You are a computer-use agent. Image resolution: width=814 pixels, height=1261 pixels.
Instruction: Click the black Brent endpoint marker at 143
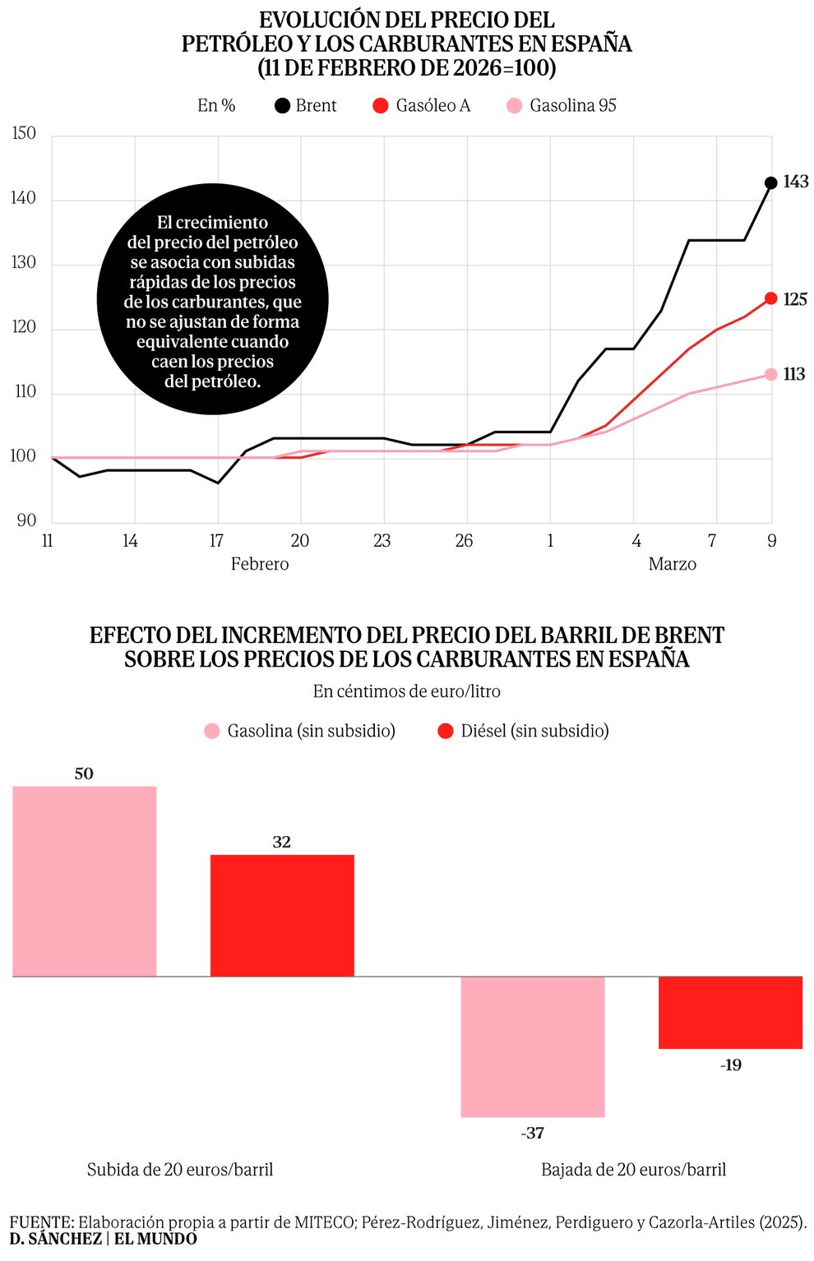pyautogui.click(x=770, y=182)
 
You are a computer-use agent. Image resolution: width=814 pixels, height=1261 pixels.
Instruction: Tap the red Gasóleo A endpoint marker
pyautogui.click(x=770, y=298)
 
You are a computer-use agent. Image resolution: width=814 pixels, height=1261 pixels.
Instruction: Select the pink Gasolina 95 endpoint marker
pyautogui.click(x=770, y=374)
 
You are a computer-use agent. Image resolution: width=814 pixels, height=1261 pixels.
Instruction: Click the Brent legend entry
pyautogui.click(x=306, y=106)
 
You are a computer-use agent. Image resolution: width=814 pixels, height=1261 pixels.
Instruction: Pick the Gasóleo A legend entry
pyautogui.click(x=421, y=106)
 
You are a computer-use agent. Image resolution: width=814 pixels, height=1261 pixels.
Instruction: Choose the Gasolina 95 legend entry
pyautogui.click(x=562, y=106)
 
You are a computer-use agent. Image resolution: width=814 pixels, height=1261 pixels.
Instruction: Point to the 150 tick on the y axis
pyautogui.click(x=25, y=134)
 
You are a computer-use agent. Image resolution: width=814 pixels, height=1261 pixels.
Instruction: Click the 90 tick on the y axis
pyautogui.click(x=26, y=520)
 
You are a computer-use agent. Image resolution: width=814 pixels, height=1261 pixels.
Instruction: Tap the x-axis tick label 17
pyautogui.click(x=216, y=541)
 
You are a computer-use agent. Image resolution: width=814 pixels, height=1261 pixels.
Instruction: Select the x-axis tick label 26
pyautogui.click(x=464, y=541)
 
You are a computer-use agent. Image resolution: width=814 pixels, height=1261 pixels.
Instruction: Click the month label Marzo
pyautogui.click(x=672, y=564)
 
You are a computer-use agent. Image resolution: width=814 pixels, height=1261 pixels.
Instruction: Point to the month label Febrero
pyautogui.click(x=260, y=564)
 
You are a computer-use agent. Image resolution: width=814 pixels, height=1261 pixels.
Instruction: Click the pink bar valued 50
pyautogui.click(x=85, y=881)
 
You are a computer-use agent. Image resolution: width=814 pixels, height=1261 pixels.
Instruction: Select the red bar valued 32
pyautogui.click(x=282, y=915)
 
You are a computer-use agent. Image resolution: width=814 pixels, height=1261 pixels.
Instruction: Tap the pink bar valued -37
pyautogui.click(x=533, y=1046)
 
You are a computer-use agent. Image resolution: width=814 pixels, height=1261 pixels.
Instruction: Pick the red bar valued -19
pyautogui.click(x=730, y=1012)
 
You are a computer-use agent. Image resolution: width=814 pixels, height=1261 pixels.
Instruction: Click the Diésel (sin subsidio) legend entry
pyautogui.click(x=524, y=731)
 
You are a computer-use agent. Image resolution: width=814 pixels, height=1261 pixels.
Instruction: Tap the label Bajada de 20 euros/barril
pyautogui.click(x=633, y=1170)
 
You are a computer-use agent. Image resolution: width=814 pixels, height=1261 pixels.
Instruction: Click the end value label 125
pyautogui.click(x=795, y=299)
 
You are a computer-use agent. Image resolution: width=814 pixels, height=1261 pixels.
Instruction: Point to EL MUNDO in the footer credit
pyautogui.click(x=155, y=1239)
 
